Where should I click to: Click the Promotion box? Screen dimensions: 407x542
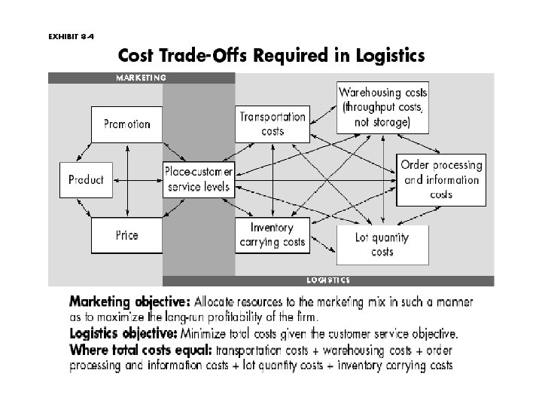tap(126, 124)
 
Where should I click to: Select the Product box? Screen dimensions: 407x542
tap(86, 179)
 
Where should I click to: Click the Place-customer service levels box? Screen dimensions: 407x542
tap(199, 179)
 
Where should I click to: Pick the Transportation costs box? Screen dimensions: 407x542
tap(272, 124)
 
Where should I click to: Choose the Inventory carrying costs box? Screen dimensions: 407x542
tap(272, 234)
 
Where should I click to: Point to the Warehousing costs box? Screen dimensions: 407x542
tap(382, 107)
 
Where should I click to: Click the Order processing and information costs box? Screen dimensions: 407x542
tap(440, 179)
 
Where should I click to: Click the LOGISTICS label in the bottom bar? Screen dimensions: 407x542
tap(327, 280)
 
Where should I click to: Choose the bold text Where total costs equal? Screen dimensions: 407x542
tap(140, 350)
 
